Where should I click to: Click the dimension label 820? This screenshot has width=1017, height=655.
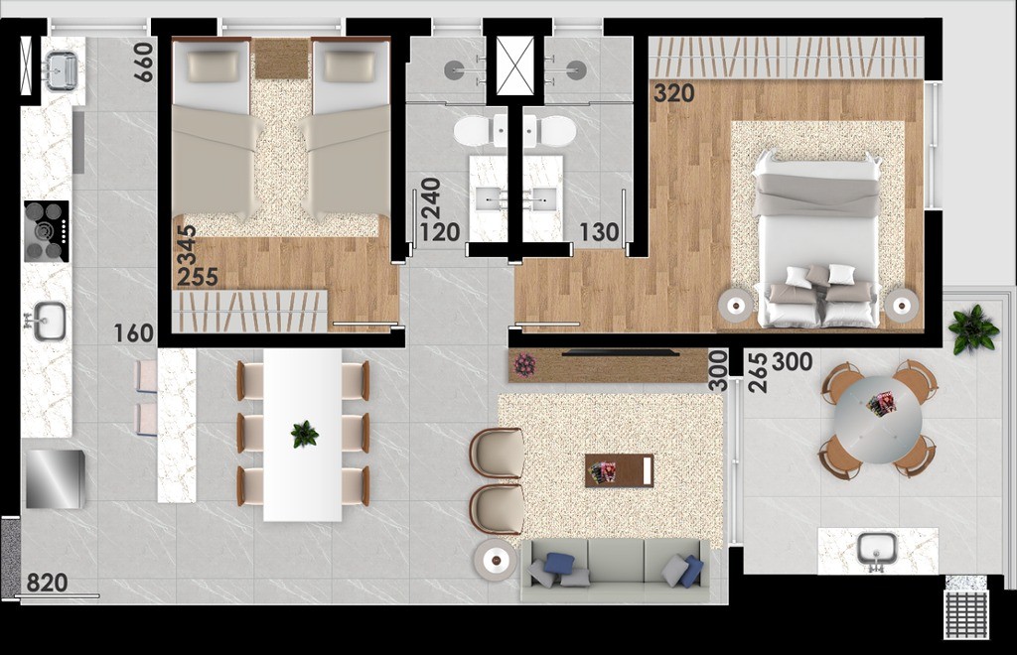tap(47, 583)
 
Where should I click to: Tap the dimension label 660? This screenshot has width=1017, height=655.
tap(145, 62)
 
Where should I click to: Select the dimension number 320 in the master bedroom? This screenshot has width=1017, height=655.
tap(674, 94)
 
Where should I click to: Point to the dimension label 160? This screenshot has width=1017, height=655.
tap(133, 333)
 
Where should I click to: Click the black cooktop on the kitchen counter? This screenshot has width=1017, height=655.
tap(47, 231)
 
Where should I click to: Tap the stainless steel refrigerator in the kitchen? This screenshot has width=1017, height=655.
tap(55, 478)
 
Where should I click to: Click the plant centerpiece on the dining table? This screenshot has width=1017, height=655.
tap(304, 434)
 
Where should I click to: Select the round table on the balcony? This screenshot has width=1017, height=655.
tap(878, 418)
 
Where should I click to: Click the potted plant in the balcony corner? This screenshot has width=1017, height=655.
tap(972, 328)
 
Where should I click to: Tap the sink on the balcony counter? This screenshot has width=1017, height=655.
tap(877, 549)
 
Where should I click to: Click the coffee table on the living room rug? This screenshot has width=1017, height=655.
tap(619, 469)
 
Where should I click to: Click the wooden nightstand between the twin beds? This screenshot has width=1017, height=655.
tap(281, 59)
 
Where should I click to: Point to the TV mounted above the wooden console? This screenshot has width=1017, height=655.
tap(621, 352)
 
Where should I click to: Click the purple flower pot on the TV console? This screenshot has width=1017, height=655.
tap(524, 365)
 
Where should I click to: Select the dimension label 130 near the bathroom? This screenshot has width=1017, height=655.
tap(600, 233)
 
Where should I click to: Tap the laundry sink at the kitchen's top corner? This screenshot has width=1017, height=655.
tap(61, 70)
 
